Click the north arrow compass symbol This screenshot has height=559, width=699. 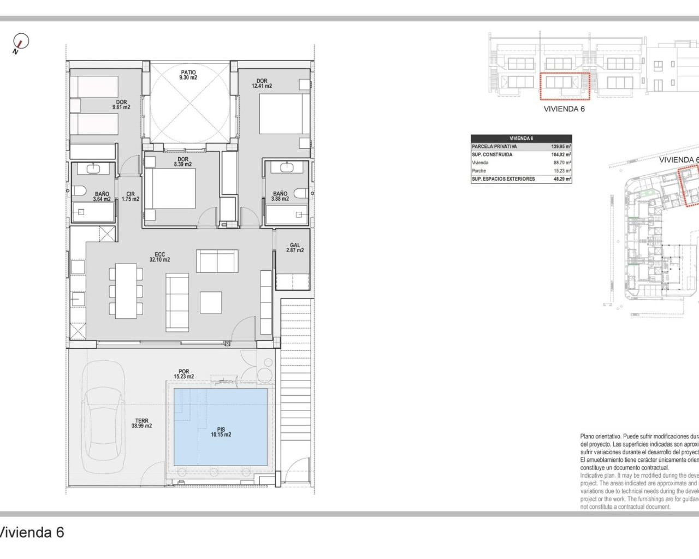click(20, 43)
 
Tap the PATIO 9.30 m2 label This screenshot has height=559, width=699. click(188, 75)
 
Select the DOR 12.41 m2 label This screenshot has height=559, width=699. click(262, 84)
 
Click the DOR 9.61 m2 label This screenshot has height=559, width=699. click(121, 105)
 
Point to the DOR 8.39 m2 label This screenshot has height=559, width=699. click(182, 162)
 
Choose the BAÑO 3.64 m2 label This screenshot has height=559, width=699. click(102, 197)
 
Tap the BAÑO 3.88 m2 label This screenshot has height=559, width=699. click(280, 197)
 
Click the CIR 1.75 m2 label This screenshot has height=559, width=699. click(131, 197)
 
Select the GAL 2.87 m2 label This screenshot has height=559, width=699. click(295, 248)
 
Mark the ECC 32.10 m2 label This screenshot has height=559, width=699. click(159, 257)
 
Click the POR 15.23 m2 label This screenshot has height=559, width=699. click(183, 374)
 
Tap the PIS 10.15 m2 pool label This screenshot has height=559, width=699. click(221, 432)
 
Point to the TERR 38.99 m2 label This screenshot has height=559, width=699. click(141, 424)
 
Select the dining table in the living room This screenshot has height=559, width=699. click(126, 290)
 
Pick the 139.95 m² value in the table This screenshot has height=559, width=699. click(561, 147)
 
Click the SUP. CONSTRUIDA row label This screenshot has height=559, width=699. click(492, 154)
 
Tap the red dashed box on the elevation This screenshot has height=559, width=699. click(565, 86)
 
